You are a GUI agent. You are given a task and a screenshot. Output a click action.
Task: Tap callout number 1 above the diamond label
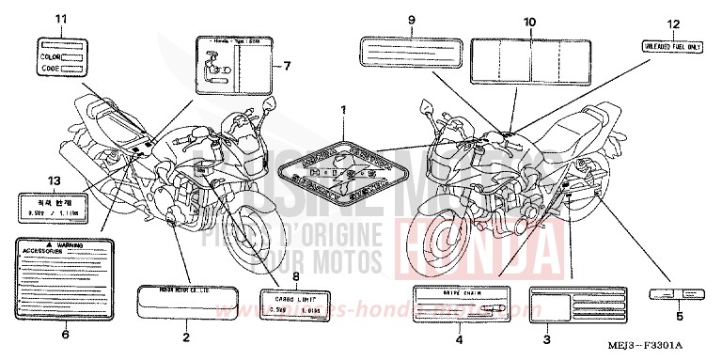pyautogui.click(x=344, y=111)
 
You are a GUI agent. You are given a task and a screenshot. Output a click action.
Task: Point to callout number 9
pyautogui.click(x=411, y=20)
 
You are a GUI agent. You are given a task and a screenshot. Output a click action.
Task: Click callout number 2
pyautogui.click(x=186, y=336)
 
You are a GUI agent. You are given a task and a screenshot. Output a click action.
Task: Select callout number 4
pyautogui.click(x=460, y=337)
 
